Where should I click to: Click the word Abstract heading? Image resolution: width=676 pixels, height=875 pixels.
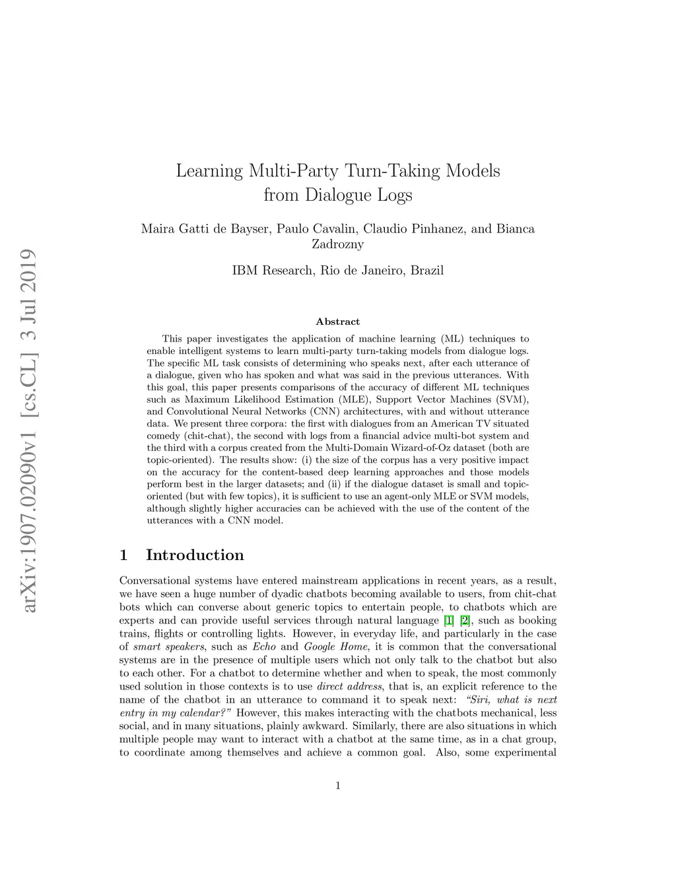click(x=337, y=322)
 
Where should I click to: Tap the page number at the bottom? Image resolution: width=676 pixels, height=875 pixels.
click(x=337, y=785)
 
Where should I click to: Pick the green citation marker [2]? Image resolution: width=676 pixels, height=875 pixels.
click(x=465, y=620)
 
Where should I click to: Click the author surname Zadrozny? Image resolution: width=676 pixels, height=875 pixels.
click(x=337, y=244)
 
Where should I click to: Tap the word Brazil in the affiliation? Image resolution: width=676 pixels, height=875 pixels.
click(x=427, y=270)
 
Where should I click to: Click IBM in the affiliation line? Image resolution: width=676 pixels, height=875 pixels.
click(x=244, y=270)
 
